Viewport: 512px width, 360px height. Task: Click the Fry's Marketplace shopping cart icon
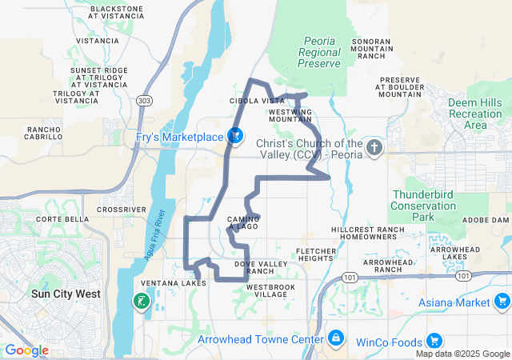[x=236, y=136]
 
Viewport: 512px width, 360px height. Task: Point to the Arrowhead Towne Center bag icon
[x=335, y=338]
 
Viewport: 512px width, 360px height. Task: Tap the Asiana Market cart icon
[x=502, y=301]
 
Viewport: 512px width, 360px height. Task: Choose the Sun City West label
[x=66, y=294]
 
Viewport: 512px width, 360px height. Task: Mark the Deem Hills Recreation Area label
[x=475, y=114]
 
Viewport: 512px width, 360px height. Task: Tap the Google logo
[x=27, y=350]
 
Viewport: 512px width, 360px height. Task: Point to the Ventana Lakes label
[x=173, y=283]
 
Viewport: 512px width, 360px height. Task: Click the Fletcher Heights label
[x=314, y=255]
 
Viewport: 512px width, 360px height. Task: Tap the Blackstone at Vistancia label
[x=117, y=12]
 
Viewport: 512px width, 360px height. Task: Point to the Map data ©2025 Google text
[x=462, y=354]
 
